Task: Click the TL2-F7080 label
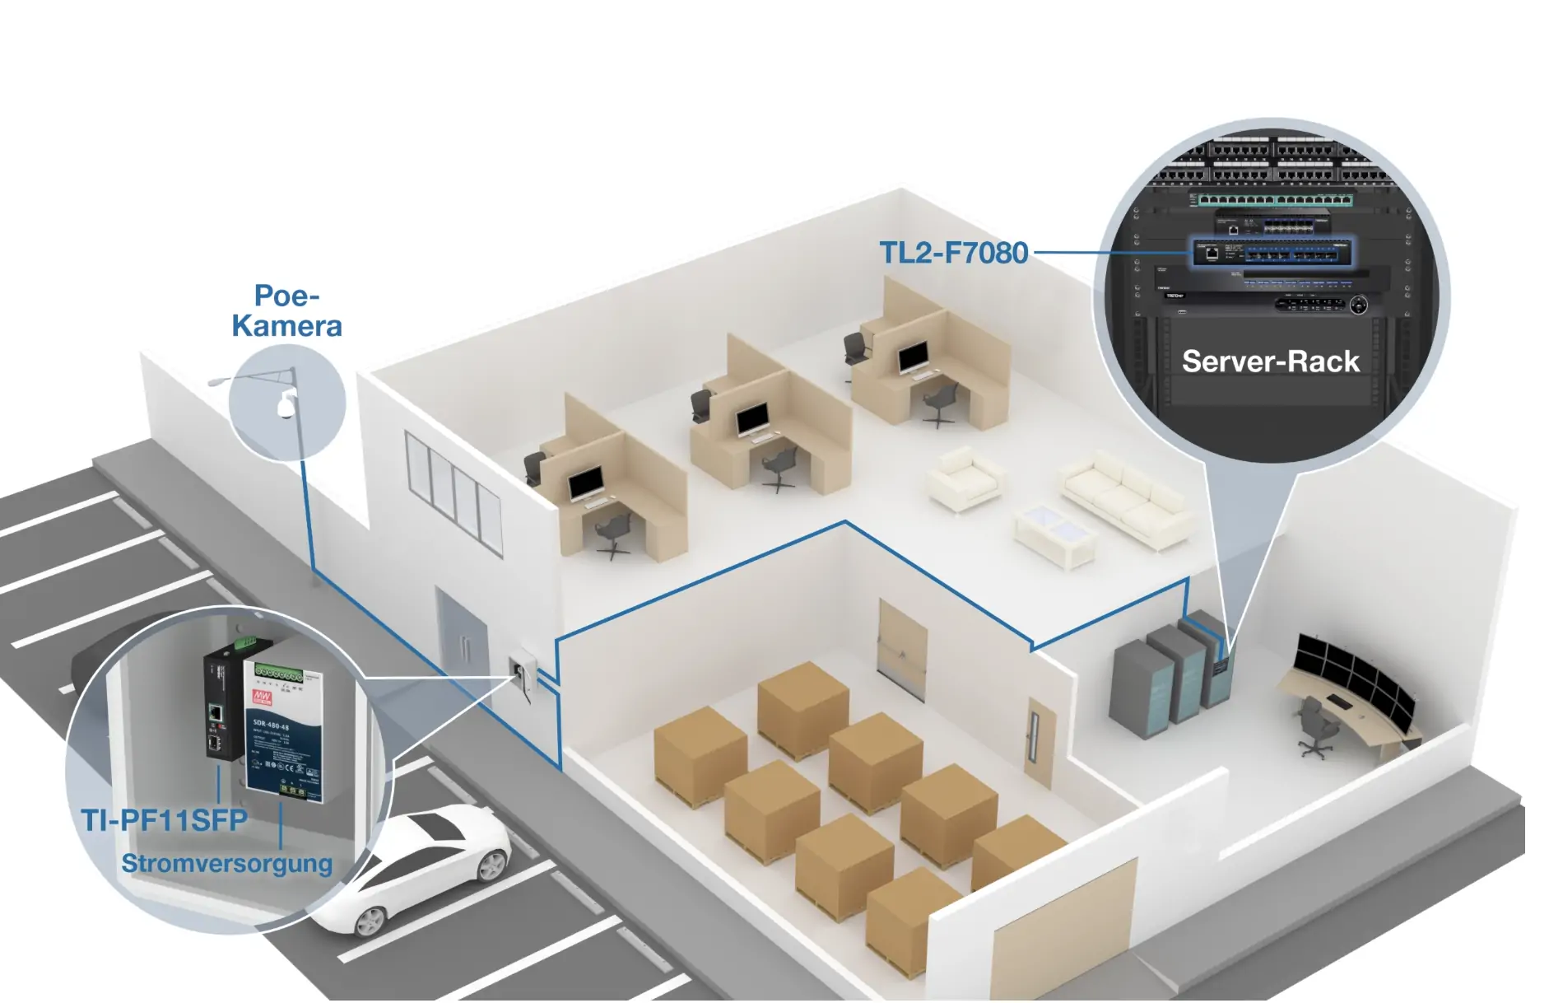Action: [x=953, y=253]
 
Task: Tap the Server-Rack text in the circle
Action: [x=1270, y=362]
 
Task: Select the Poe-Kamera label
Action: [x=286, y=311]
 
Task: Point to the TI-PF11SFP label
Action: [x=164, y=820]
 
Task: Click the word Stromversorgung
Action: [x=227, y=863]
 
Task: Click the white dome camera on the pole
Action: [x=286, y=404]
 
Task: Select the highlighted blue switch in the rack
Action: [x=1272, y=253]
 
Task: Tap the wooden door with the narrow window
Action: [x=1040, y=741]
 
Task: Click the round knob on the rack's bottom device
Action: [x=1358, y=306]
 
